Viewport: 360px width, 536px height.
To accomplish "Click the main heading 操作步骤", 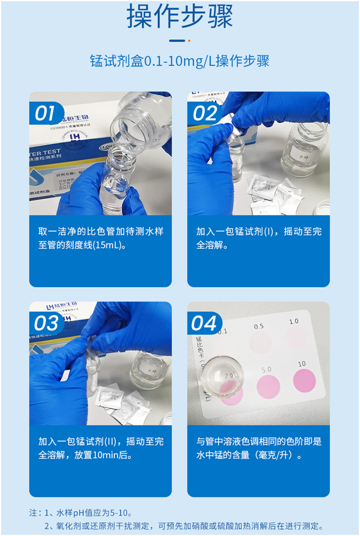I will tap(180, 16).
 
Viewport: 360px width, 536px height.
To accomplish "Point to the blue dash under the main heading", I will tap(177, 40).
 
